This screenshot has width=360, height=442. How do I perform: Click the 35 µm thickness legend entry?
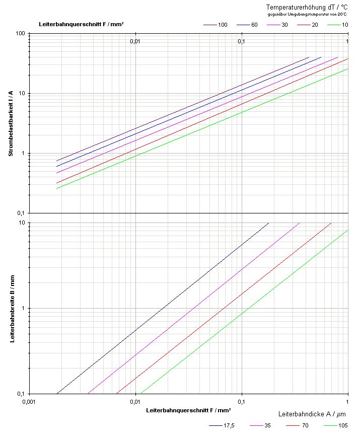coord(267,425)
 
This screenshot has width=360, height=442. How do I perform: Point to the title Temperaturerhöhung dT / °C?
coord(307,7)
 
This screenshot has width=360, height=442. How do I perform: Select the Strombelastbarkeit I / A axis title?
coord(11,123)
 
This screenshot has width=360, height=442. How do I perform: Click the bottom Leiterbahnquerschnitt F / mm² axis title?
coord(189,410)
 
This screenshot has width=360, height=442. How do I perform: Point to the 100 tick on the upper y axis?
coord(20,33)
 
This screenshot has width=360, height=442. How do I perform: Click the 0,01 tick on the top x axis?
coord(134,41)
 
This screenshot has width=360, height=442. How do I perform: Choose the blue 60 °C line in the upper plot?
coord(201,100)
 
